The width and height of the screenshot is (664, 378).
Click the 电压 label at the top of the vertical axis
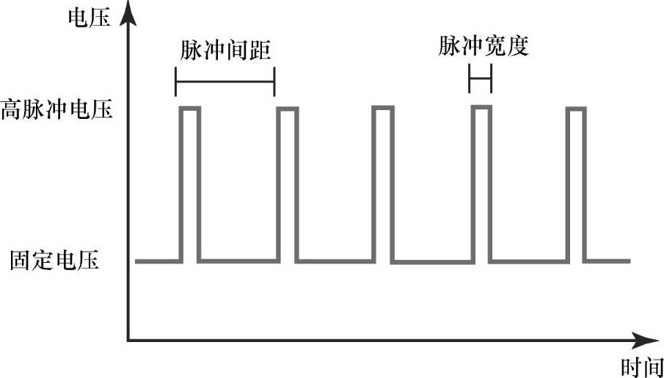(90, 18)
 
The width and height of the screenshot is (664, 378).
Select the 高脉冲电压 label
(56, 110)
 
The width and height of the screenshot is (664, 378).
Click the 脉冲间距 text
(225, 51)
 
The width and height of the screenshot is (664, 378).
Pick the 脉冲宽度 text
(484, 46)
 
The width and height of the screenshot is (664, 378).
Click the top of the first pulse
(190, 109)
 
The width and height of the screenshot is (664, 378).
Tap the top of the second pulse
(288, 109)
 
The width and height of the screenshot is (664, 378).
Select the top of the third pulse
(383, 107)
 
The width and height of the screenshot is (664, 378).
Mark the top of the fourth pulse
(481, 107)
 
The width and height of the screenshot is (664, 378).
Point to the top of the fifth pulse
(576, 109)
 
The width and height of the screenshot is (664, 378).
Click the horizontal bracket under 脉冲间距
(225, 81)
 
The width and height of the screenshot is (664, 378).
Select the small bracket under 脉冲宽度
(481, 79)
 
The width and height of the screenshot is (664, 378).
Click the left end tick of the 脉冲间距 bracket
(176, 81)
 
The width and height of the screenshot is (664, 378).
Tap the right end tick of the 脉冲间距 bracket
(274, 81)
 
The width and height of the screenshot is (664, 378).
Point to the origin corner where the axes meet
(128, 340)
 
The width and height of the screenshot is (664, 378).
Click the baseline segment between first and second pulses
(239, 261)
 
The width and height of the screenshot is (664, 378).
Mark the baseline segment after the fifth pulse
(608, 261)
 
